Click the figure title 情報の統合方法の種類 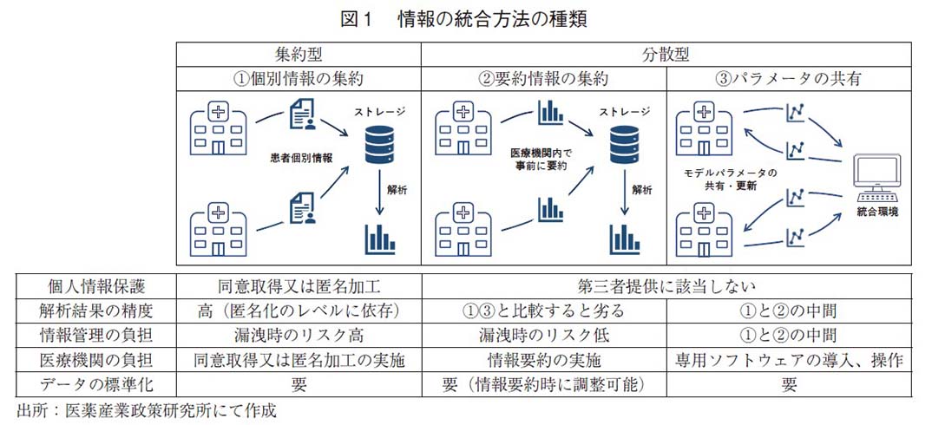[x=492, y=18]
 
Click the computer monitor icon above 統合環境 [x=876, y=179]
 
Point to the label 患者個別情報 [x=301, y=159]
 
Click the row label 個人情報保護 [x=96, y=284]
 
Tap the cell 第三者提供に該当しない [x=665, y=284]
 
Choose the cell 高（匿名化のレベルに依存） [x=299, y=310]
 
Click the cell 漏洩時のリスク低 [x=543, y=335]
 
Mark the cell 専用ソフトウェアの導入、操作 [x=788, y=360]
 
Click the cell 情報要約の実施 [x=543, y=360]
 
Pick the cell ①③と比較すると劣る [x=543, y=310]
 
